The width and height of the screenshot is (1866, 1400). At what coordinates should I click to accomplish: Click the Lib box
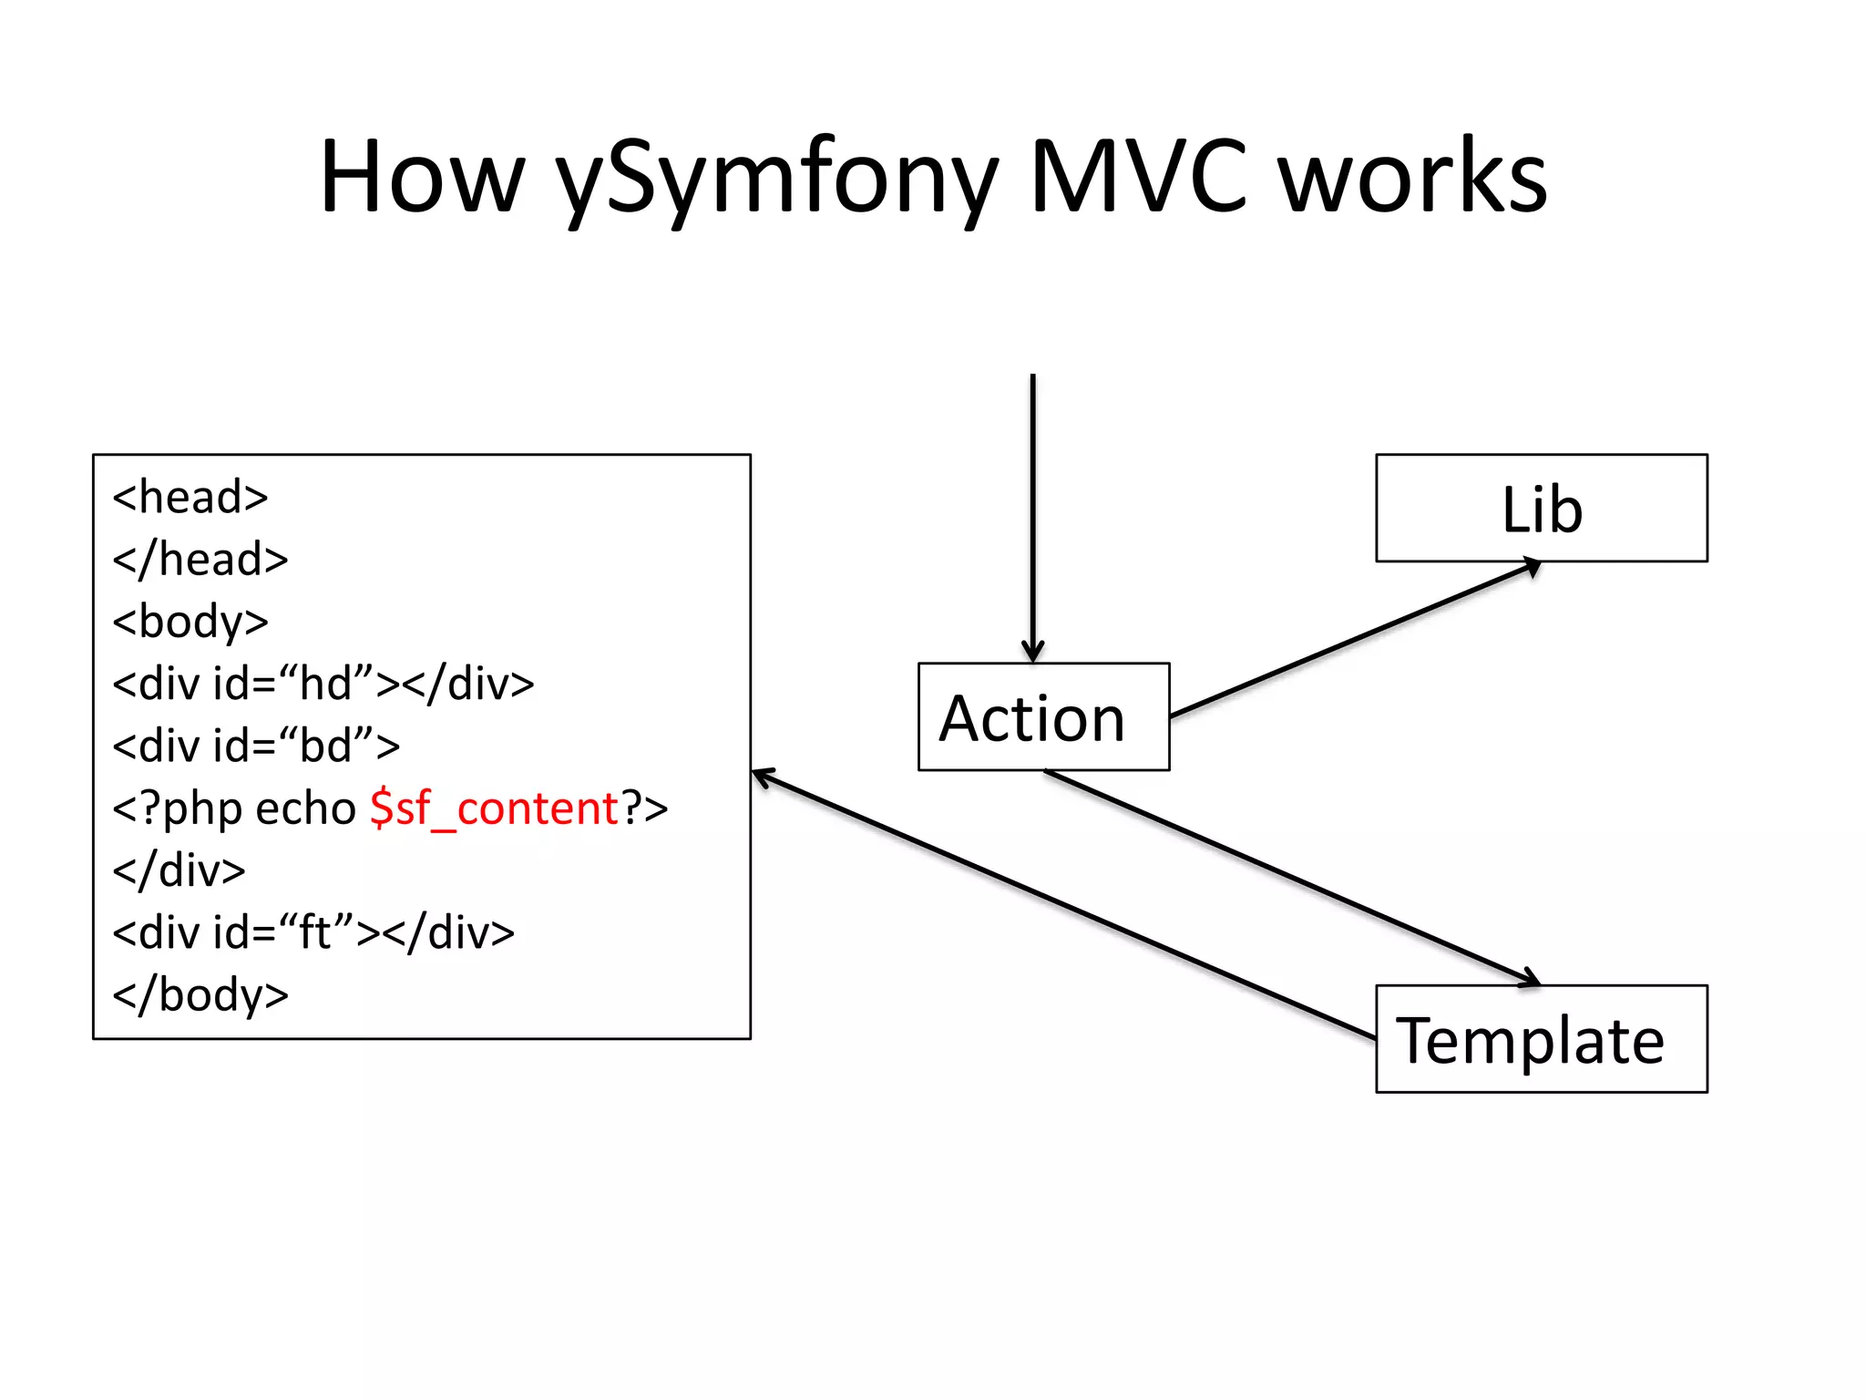coord(1541,508)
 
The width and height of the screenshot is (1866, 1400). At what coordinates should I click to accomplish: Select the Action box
coord(1043,717)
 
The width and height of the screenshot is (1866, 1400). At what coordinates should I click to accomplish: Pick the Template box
coord(1541,1039)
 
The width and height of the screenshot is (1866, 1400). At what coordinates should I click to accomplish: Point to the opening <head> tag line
coord(190,498)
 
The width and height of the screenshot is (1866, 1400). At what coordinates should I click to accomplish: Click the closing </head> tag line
coord(200,559)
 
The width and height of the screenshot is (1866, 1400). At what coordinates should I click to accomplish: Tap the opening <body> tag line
coord(190,622)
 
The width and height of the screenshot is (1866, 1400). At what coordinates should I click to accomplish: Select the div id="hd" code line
coord(323,684)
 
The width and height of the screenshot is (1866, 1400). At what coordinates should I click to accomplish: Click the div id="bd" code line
coord(255,746)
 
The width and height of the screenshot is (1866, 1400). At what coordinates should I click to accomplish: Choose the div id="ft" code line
coord(313,932)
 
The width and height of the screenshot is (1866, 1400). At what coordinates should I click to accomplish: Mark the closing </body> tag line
coord(200,994)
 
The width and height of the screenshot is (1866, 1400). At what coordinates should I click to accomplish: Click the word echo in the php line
coord(304,808)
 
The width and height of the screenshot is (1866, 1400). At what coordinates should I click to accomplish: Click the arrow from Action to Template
coord(1291,877)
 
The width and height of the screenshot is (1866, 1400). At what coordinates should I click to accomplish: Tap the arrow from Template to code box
coord(1062,905)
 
